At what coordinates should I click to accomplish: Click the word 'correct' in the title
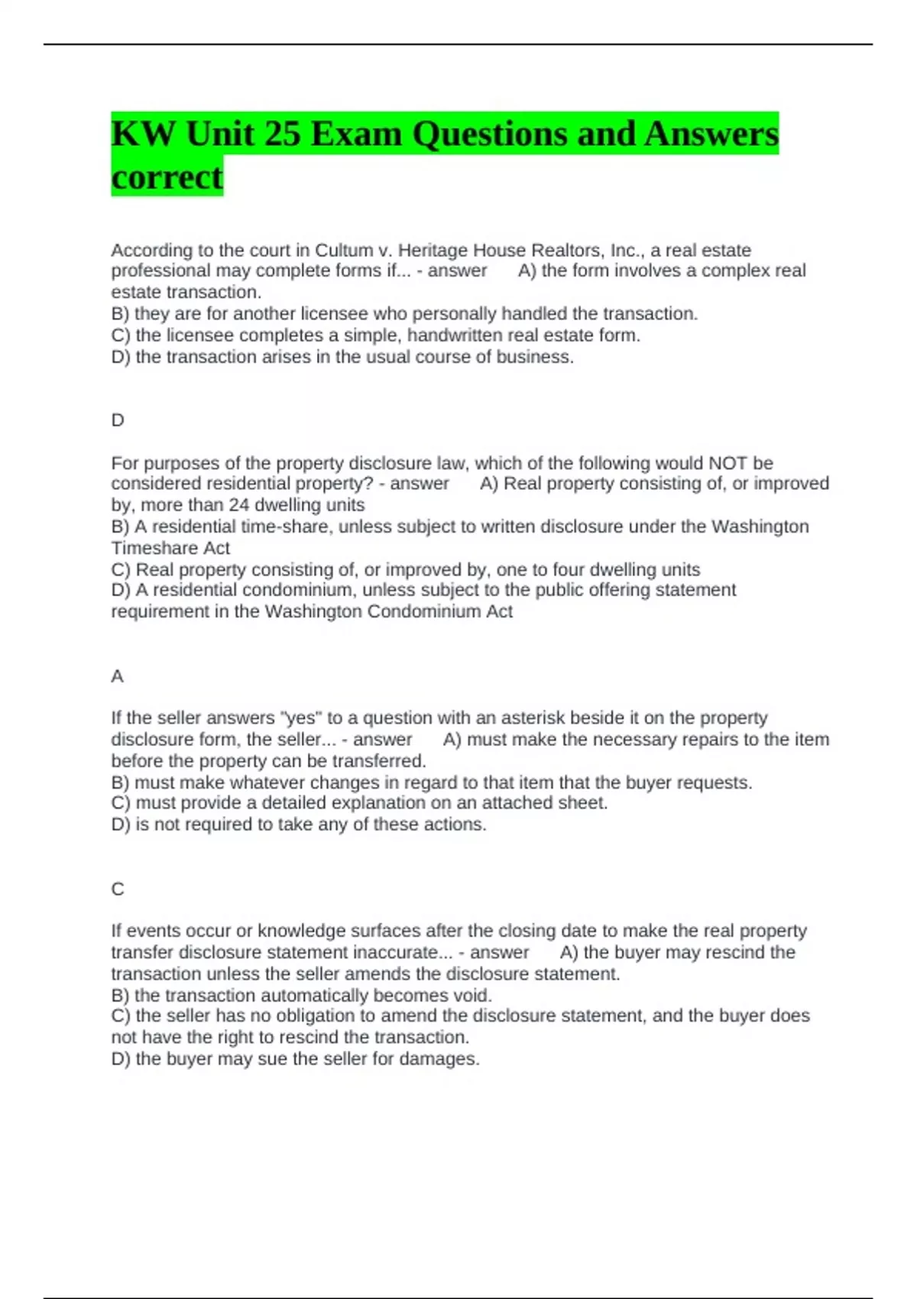pos(167,177)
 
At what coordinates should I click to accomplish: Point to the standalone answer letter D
pos(118,420)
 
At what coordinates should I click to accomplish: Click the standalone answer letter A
pos(117,676)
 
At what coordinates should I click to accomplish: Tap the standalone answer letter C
pos(118,889)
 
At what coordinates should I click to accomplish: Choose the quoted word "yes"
pos(301,718)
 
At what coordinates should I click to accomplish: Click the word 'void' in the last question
pos(473,995)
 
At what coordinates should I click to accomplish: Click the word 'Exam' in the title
pos(357,134)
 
